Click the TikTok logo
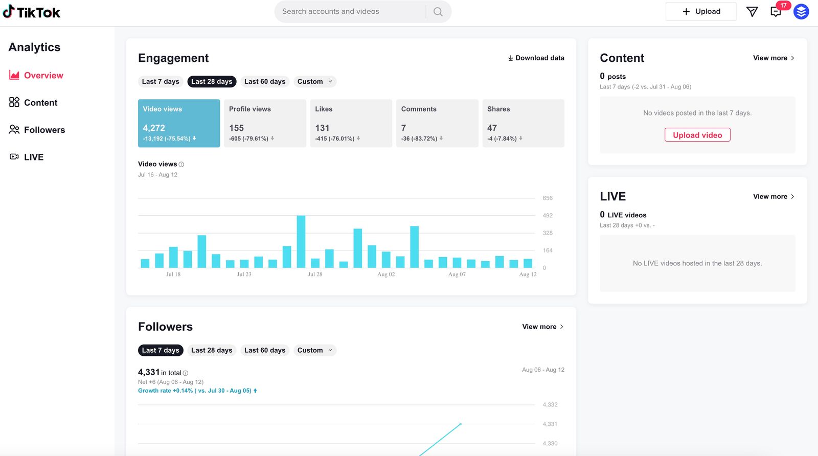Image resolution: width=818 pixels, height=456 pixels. click(x=32, y=12)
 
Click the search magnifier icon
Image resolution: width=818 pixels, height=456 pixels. click(x=438, y=12)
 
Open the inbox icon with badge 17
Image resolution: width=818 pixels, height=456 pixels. click(x=776, y=12)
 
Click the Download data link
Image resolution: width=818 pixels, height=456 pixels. click(x=536, y=58)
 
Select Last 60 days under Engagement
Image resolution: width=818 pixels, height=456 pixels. click(x=265, y=81)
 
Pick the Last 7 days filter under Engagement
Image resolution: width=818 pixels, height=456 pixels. click(x=161, y=81)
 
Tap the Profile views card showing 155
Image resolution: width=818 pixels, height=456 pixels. click(x=265, y=123)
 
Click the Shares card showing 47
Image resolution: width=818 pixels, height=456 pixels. click(x=523, y=123)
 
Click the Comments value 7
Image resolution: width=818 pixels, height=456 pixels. click(x=404, y=128)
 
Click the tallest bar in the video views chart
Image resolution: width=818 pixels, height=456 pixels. click(x=301, y=241)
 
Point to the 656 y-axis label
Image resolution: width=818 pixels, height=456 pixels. click(x=548, y=198)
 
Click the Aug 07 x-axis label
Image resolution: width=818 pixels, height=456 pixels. click(x=457, y=275)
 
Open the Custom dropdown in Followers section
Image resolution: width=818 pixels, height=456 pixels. click(x=314, y=350)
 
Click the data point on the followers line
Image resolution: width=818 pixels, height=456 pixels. click(x=461, y=424)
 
